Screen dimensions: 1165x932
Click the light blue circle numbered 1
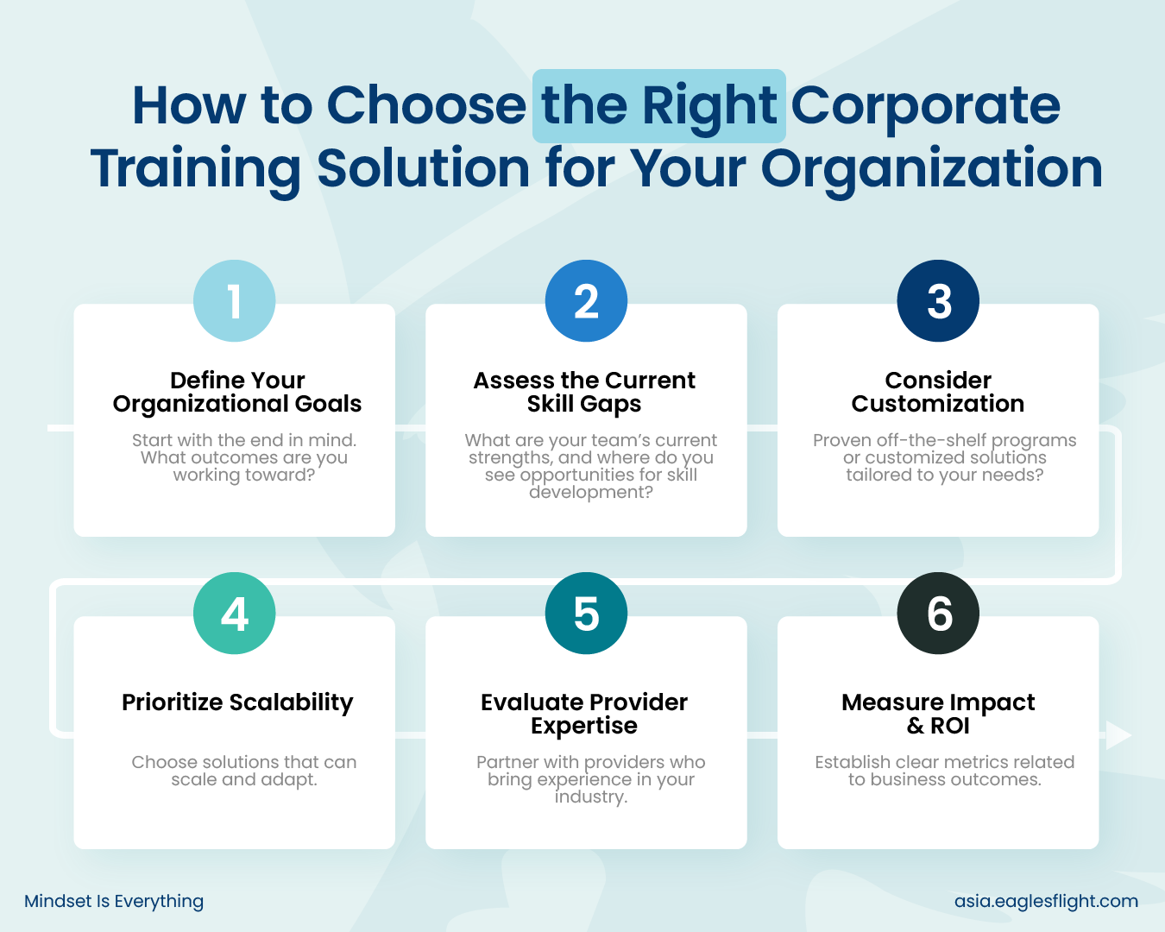point(235,300)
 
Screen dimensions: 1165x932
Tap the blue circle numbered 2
point(586,300)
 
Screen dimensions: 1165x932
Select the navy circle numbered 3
point(938,300)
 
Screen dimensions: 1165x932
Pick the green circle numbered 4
point(235,613)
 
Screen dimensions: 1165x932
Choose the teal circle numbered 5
point(586,613)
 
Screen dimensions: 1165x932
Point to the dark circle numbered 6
point(938,613)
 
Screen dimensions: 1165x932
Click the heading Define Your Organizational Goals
point(237,392)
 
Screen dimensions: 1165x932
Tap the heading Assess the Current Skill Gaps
point(584,392)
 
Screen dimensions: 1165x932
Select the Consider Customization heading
point(938,392)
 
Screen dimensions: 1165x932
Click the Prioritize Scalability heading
point(237,702)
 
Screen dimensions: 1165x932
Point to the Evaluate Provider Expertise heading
point(584,714)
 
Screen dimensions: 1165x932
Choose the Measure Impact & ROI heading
point(938,714)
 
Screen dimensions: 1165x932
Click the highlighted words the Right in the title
point(658,106)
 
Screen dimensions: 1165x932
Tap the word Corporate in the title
point(925,106)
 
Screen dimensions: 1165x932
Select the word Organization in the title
point(932,169)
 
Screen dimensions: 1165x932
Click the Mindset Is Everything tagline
point(114,901)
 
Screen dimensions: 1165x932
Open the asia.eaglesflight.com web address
point(1046,901)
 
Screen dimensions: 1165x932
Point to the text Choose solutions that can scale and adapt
point(244,771)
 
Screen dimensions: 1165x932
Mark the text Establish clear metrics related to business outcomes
point(945,771)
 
